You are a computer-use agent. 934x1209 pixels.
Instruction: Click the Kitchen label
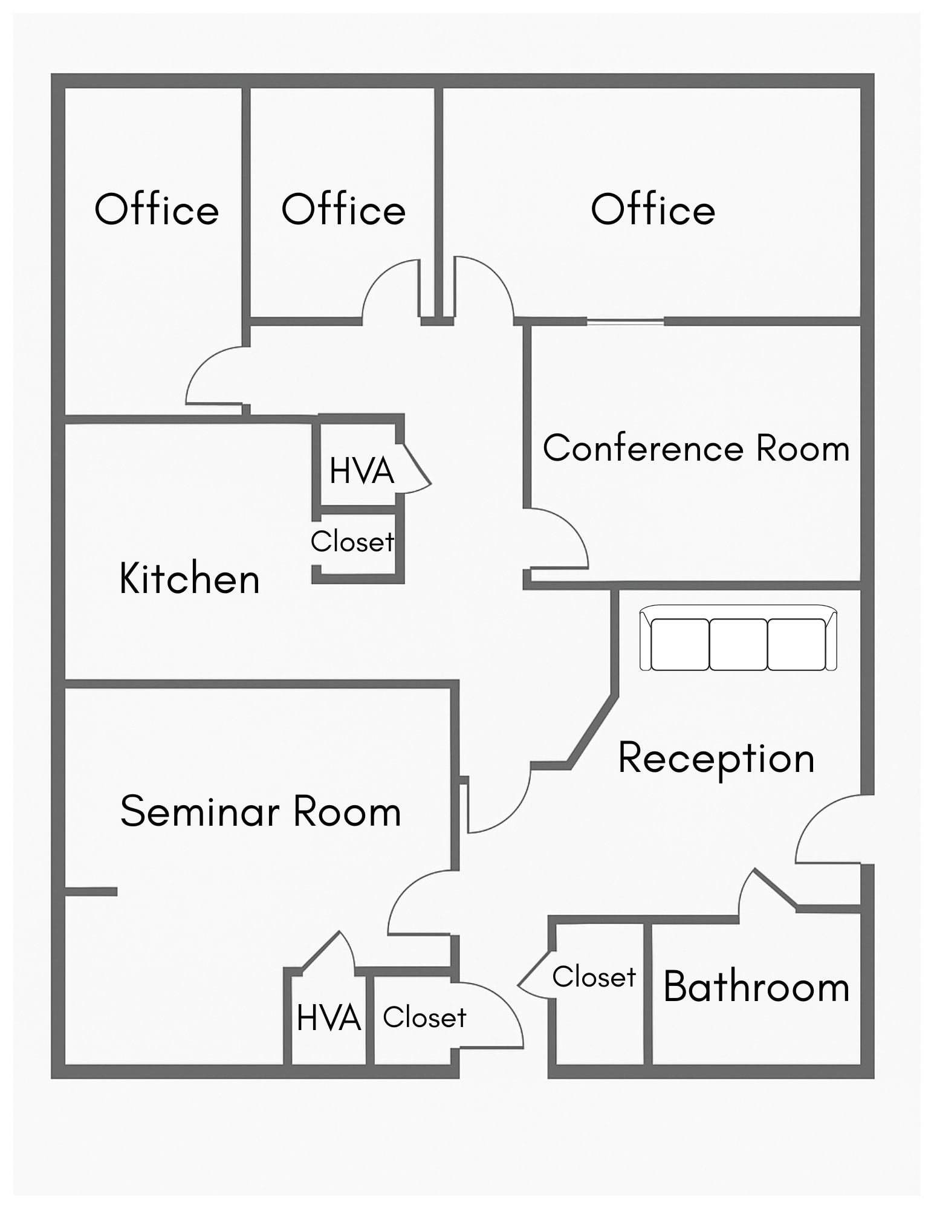point(189,579)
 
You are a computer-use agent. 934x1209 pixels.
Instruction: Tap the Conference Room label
point(696,449)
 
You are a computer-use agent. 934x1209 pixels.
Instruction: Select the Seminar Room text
point(261,811)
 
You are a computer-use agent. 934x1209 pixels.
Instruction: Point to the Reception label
point(716,758)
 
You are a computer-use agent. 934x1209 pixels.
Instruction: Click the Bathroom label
point(756,987)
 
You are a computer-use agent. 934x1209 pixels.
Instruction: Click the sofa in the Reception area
point(738,638)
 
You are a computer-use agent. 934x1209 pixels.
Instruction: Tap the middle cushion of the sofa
point(738,644)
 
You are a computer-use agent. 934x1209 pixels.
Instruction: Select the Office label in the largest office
point(653,210)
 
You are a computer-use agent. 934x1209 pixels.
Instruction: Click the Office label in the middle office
point(343,210)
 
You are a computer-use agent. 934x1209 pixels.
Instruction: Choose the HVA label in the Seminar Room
point(329,1018)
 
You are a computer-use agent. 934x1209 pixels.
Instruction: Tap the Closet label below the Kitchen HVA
point(352,542)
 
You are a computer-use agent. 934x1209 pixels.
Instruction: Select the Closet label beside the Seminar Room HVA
point(424,1017)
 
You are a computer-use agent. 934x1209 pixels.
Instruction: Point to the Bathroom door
point(774,889)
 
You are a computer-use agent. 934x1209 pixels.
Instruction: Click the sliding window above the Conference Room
point(625,322)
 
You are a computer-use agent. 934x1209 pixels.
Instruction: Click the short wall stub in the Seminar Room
point(91,892)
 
